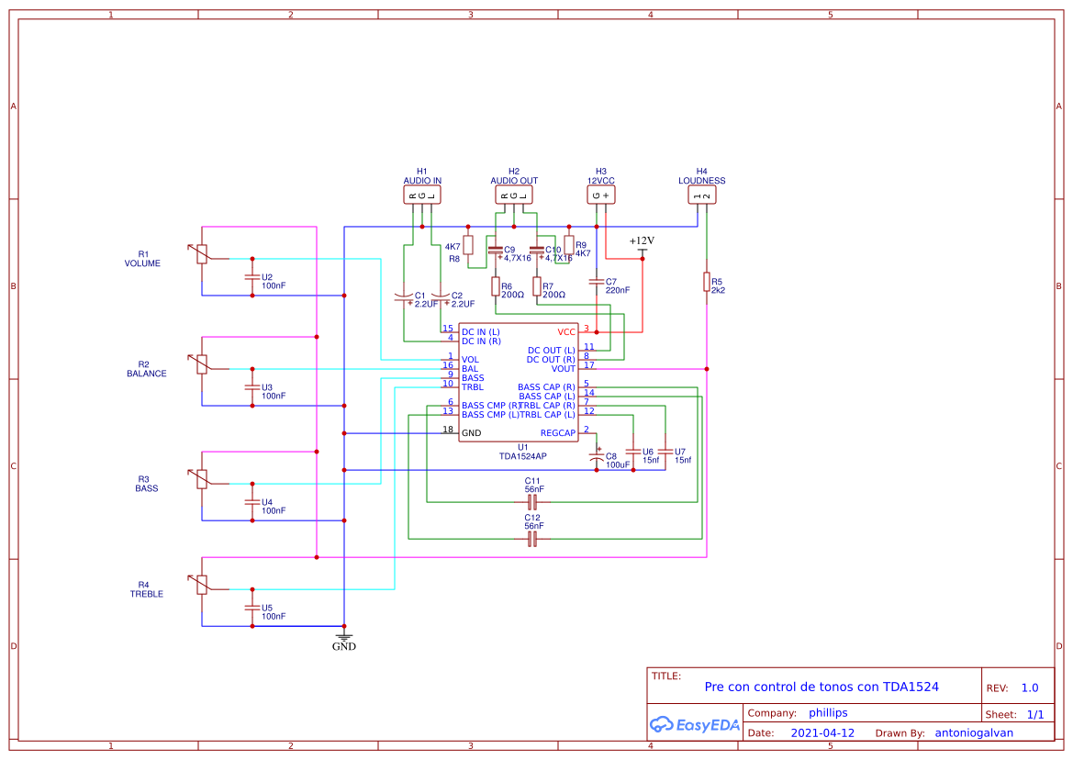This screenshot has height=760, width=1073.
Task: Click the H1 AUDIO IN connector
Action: coord(422,195)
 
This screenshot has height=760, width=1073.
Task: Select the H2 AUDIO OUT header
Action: coord(514,195)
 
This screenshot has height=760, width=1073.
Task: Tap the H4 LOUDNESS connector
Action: coord(702,195)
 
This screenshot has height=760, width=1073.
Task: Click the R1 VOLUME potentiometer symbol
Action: coord(202,254)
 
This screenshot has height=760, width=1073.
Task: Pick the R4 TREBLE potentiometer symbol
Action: coord(202,585)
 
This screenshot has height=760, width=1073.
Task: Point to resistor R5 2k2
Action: coord(707,282)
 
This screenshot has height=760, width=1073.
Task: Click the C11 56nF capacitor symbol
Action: coord(532,502)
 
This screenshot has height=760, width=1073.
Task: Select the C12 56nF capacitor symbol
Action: coord(532,539)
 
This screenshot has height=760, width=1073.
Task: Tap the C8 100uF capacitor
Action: coord(598,456)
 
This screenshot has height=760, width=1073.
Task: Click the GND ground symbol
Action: coord(344,637)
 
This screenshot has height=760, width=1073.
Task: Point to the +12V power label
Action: coord(643,241)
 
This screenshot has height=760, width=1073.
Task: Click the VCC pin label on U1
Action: coord(566,332)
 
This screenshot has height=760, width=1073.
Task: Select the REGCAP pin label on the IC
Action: coord(557,432)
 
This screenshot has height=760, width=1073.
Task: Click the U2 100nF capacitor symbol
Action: coord(252,277)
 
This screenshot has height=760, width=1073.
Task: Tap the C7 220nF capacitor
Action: coord(597,282)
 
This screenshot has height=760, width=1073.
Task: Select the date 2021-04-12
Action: coord(822,733)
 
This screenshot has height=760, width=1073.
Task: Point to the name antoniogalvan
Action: coord(974,733)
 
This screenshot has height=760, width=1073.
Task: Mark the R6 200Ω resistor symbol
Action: coord(496,286)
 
